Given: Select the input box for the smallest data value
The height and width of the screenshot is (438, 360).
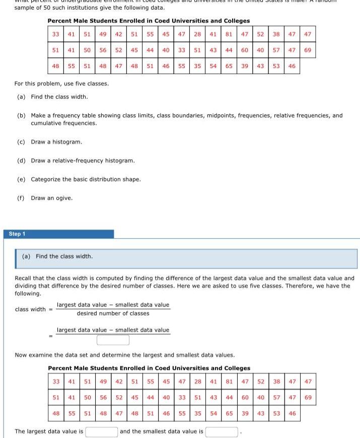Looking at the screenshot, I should pyautogui.click(x=222, y=431).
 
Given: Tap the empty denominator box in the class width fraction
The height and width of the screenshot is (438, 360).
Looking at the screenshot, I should pyautogui.click(x=113, y=340).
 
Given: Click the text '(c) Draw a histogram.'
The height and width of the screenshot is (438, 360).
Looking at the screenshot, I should pyautogui.click(x=49, y=142).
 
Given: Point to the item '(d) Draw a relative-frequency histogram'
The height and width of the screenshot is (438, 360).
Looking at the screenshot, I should pyautogui.click(x=76, y=161).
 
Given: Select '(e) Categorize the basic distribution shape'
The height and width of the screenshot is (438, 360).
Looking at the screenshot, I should pyautogui.click(x=79, y=179).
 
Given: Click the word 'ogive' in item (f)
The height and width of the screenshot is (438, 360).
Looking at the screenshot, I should pyautogui.click(x=65, y=198).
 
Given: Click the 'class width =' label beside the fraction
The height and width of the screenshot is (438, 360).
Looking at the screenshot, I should pyautogui.click(x=30, y=309).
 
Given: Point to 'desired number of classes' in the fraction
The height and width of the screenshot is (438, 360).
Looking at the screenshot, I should pyautogui.click(x=113, y=314).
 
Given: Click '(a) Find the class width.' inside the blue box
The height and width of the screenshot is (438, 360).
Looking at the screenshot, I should pyautogui.click(x=57, y=256).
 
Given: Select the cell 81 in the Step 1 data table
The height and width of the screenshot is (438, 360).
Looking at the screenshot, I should pyautogui.click(x=229, y=382).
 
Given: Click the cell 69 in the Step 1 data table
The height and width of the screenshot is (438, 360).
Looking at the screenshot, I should pyautogui.click(x=308, y=398).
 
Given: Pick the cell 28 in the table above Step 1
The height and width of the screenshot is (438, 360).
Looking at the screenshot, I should pyautogui.click(x=198, y=34).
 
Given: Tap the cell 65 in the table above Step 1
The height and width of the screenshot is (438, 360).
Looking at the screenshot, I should pyautogui.click(x=229, y=66).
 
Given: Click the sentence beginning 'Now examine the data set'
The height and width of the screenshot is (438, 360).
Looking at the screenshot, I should pyautogui.click(x=125, y=355).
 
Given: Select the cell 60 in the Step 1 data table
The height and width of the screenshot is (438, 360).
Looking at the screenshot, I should pyautogui.click(x=244, y=398).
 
